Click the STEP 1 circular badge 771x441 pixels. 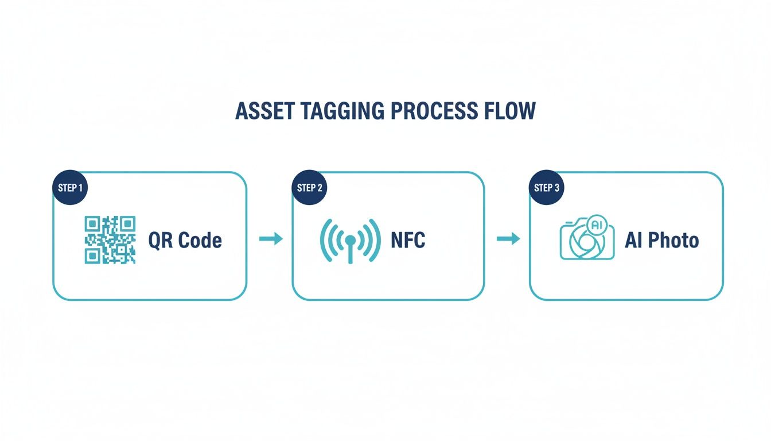point(70,188)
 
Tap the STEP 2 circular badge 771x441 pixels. point(309,188)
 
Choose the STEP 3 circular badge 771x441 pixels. point(546,188)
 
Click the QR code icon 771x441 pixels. point(110,240)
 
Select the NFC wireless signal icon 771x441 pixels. point(349,240)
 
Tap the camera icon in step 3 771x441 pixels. point(586,240)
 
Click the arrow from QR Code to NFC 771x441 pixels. point(271,239)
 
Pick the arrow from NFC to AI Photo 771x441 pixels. point(508,239)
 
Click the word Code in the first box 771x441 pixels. point(200,241)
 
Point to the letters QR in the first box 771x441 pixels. point(161,241)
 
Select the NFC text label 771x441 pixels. point(408,240)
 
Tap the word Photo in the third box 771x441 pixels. point(673,241)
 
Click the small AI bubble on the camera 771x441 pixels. point(597,225)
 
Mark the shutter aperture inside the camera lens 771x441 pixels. point(582,243)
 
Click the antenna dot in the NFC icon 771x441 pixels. point(350,238)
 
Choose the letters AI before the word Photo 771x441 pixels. point(634,241)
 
